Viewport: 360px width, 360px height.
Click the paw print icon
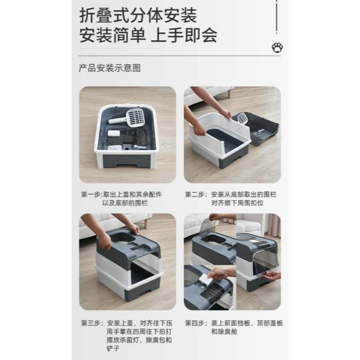pyautogui.click(x=277, y=47)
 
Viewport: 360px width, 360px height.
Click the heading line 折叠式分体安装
pyautogui.click(x=138, y=15)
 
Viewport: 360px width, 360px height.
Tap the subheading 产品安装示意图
pyautogui.click(x=109, y=68)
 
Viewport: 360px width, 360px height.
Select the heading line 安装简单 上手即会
pyautogui.click(x=149, y=35)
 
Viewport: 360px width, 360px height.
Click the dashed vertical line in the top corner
pyautogui.click(x=276, y=17)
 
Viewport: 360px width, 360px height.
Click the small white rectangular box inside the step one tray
pyautogui.click(x=114, y=134)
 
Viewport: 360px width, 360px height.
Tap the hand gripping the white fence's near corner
pyautogui.click(x=199, y=129)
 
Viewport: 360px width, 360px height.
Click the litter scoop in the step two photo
pyautogui.click(x=243, y=118)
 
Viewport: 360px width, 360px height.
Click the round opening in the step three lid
pyautogui.click(x=122, y=238)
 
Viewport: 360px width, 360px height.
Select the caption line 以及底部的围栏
pyautogui.click(x=125, y=203)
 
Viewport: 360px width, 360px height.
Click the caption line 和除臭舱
pyautogui.click(x=224, y=332)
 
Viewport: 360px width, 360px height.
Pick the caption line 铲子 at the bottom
pyautogui.click(x=113, y=349)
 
